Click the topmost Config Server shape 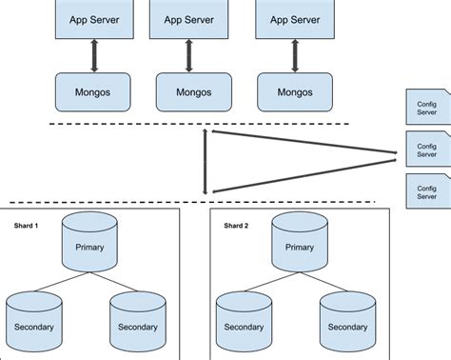(427, 107)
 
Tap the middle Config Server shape (427, 149)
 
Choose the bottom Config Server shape (427, 190)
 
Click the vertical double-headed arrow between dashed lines (206, 162)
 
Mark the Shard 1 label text (25, 226)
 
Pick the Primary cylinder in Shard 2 (299, 244)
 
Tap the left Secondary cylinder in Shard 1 (34, 322)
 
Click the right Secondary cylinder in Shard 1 (138, 322)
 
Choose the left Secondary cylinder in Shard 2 (244, 322)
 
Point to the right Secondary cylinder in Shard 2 (347, 322)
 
